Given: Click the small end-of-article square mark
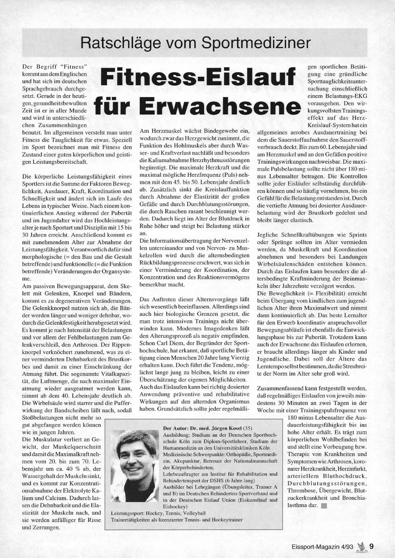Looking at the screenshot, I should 324,505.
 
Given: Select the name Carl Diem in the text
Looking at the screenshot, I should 169,343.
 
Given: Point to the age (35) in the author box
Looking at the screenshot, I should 247,428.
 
